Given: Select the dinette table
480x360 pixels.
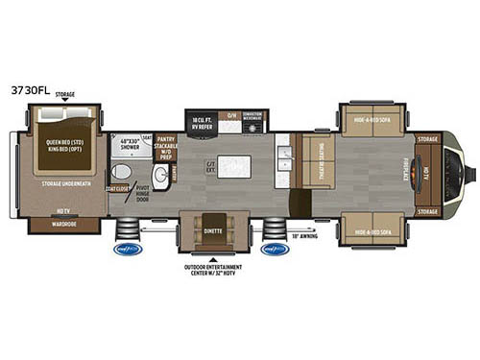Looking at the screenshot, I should tap(213, 227).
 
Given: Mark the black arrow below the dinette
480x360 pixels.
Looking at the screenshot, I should tap(213, 258).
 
